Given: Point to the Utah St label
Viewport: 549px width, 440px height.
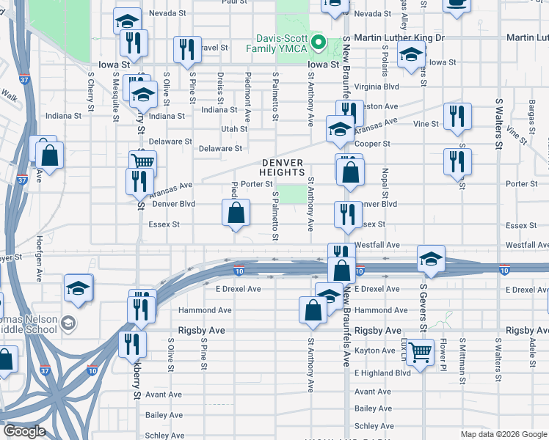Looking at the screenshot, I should point(234,128).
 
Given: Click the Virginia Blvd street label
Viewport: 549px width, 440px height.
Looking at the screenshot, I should point(377,86).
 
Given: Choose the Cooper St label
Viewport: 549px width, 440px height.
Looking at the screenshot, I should point(372,144).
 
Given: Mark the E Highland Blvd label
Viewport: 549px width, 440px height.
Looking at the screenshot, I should point(382,373).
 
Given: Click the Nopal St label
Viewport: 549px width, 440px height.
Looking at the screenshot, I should point(384,179).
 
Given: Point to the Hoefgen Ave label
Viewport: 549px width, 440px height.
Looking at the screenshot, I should point(39,267).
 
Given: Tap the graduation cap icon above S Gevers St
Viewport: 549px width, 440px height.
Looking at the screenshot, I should point(431,258).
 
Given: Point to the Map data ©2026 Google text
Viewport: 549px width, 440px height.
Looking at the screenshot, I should point(503,434).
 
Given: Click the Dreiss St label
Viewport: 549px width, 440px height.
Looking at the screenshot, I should point(220,84).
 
